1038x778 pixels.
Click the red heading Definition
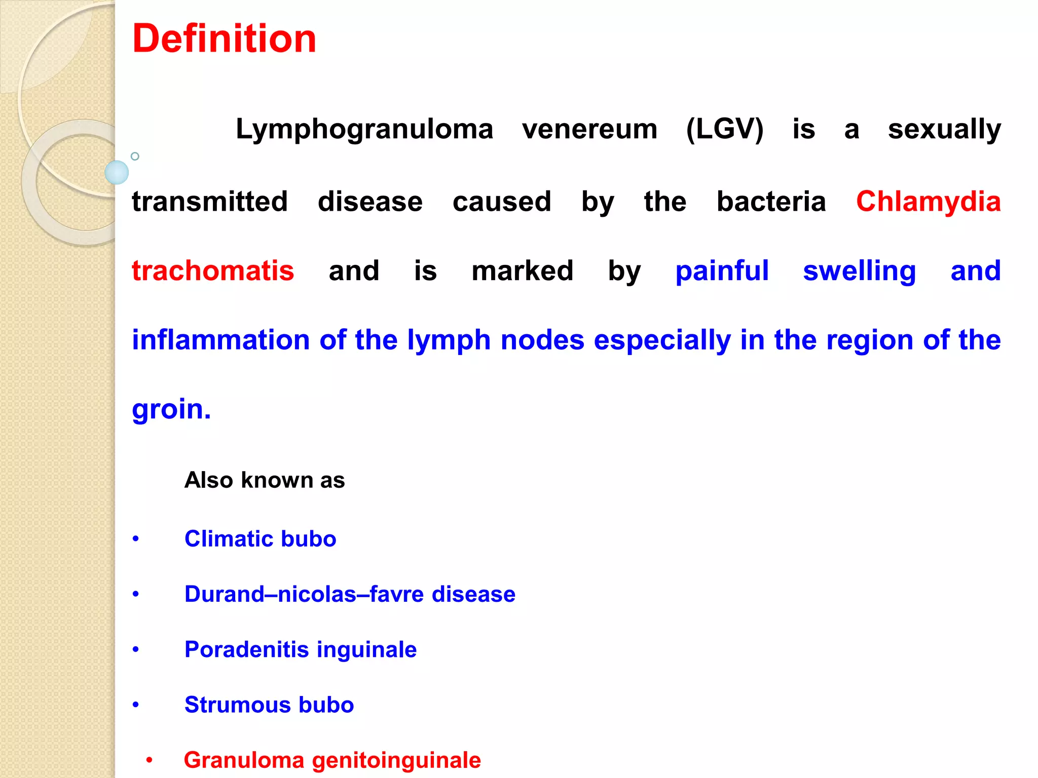(224, 39)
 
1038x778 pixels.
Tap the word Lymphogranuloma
(364, 130)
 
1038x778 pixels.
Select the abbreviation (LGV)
(725, 130)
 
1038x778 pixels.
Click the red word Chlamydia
(929, 202)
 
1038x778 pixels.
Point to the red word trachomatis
(213, 271)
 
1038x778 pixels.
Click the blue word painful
(722, 271)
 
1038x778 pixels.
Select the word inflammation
(221, 340)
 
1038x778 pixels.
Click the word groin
(171, 409)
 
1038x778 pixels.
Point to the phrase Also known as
(265, 480)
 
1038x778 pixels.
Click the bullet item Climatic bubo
(260, 539)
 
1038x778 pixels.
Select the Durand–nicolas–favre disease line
(350, 594)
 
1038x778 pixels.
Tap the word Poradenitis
(246, 650)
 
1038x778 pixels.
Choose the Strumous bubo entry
(269, 705)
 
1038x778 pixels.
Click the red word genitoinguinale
(396, 761)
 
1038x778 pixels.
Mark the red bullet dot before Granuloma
(149, 760)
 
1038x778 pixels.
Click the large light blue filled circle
(117, 173)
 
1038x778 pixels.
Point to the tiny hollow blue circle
(135, 157)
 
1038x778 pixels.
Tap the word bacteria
(771, 202)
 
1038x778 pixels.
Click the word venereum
(590, 130)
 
